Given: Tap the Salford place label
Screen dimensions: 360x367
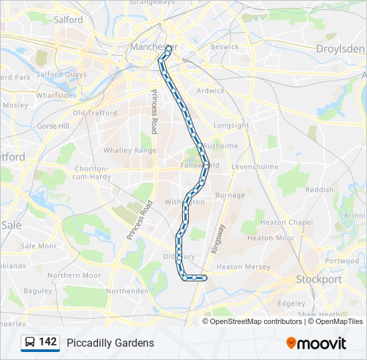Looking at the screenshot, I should coord(68,20).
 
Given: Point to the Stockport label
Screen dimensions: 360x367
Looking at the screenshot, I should coord(319,279).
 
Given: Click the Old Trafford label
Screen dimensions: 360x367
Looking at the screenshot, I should coord(95,113).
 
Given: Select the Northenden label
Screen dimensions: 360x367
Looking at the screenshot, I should coord(127,291).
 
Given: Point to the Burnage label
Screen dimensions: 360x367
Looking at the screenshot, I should coord(230,195).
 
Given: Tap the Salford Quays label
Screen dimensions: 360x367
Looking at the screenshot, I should coord(62,75).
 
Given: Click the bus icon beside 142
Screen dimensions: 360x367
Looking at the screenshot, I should coord(30,343).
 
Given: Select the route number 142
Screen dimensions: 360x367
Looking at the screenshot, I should coord(48,342).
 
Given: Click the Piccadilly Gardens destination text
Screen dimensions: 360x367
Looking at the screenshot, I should coord(110,343).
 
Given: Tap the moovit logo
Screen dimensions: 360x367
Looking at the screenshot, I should coord(316,343).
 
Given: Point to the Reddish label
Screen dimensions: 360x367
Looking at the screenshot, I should coord(319,190).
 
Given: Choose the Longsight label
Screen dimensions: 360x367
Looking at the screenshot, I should coord(231,125).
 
